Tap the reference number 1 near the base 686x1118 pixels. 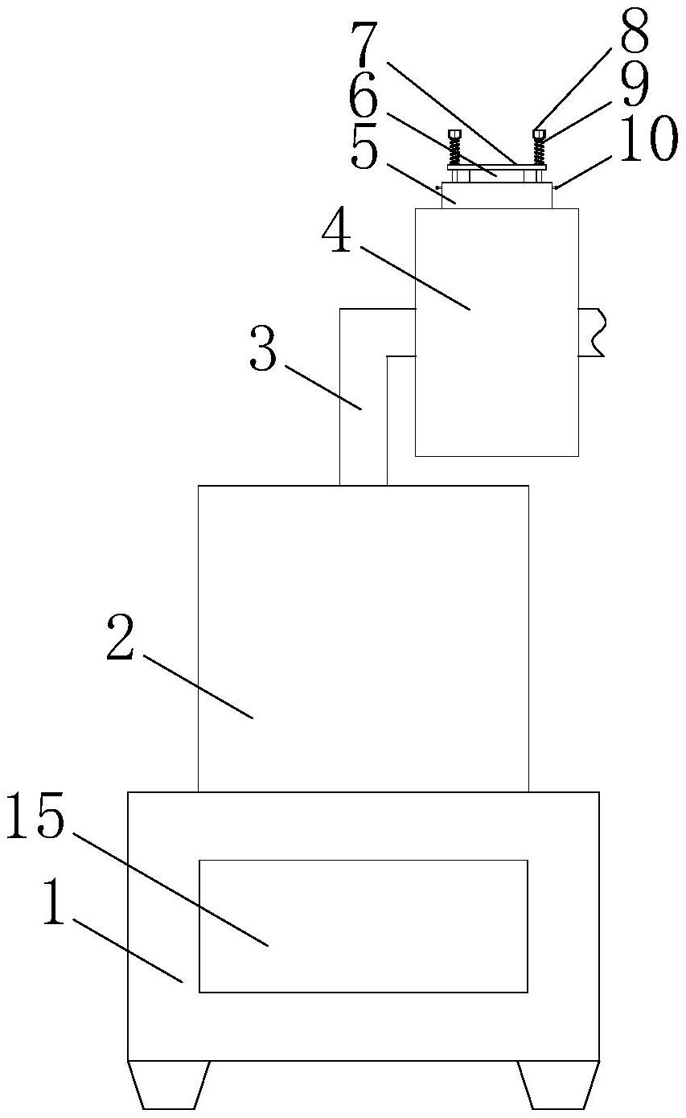pos(52,906)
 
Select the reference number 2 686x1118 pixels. pos(121,640)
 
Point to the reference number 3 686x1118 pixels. pos(263,351)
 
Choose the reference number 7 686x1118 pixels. pos(366,47)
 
